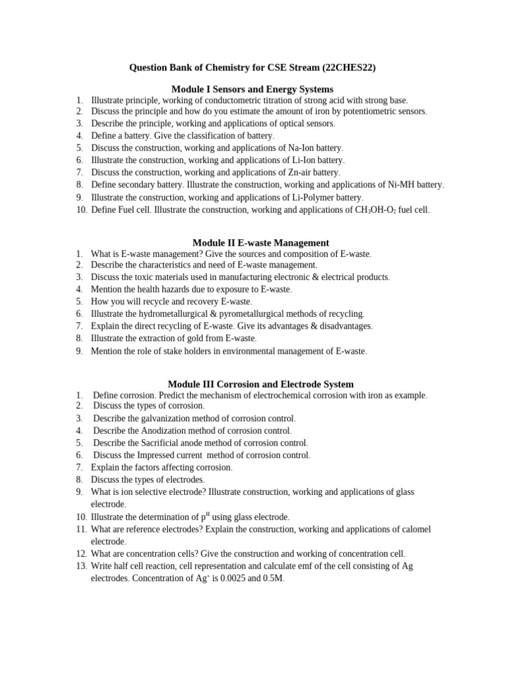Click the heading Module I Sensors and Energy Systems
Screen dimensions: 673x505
coord(252,89)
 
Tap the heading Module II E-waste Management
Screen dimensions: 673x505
coord(260,243)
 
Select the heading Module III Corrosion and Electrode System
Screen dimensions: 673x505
coord(260,384)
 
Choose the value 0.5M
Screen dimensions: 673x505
coord(272,579)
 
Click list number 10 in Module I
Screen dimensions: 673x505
coord(81,210)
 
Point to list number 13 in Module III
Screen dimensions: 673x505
coord(81,566)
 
